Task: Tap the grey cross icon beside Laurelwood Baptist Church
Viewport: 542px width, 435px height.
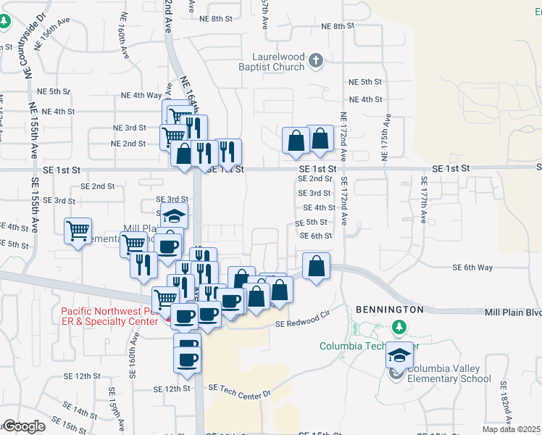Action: [x=316, y=61]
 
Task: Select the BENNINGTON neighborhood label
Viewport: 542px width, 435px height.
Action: [x=388, y=309]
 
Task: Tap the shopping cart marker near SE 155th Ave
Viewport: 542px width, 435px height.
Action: [x=78, y=231]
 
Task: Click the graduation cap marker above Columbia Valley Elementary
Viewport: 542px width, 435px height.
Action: [x=399, y=356]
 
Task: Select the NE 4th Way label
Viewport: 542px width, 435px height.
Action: [x=142, y=95]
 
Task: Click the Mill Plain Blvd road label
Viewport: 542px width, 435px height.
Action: [x=513, y=312]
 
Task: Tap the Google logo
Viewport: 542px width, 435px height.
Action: [x=24, y=426]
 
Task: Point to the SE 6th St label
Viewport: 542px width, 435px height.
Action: [x=316, y=236]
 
